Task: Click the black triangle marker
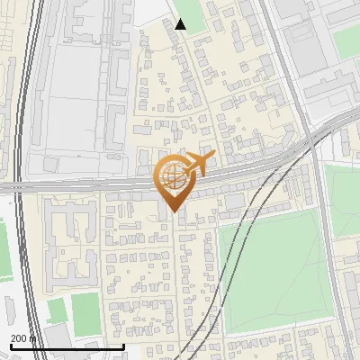181,24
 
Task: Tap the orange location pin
173,181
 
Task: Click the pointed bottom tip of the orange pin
172,211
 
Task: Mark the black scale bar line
67,346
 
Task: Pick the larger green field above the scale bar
85,311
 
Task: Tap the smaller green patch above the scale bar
57,310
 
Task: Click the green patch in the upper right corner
346,40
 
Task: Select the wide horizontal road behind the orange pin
90,185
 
